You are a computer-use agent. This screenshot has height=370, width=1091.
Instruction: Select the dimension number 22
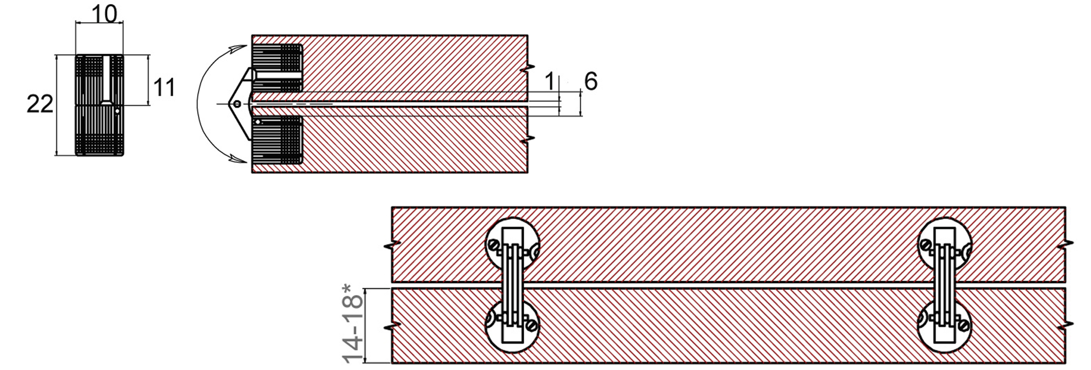(x=40, y=104)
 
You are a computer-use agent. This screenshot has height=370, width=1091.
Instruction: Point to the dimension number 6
(x=591, y=81)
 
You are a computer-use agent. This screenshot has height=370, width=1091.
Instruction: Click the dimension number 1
(x=549, y=82)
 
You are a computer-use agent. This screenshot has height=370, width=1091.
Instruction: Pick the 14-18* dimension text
(x=353, y=324)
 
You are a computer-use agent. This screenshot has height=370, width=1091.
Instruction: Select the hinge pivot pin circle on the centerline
(x=237, y=104)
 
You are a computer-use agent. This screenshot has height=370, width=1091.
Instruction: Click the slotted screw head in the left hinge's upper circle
(x=495, y=245)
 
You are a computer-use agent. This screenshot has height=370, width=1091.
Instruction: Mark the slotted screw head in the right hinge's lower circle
(x=964, y=326)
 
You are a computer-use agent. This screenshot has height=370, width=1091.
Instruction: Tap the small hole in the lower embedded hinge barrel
(x=258, y=122)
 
